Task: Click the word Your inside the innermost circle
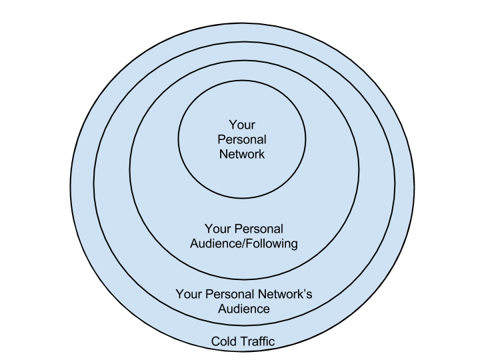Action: [x=242, y=125]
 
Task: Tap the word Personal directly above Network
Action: [x=242, y=139]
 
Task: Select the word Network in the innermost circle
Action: [x=242, y=154]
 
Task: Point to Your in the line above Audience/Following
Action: [x=217, y=229]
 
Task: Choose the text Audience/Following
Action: [x=244, y=243]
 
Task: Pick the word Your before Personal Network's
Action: [x=188, y=294]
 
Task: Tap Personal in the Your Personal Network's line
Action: [x=229, y=294]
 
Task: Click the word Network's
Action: [x=285, y=294]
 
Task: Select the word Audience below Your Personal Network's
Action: [x=244, y=309]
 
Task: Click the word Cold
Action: [x=223, y=342]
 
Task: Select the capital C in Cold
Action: [x=215, y=342]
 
